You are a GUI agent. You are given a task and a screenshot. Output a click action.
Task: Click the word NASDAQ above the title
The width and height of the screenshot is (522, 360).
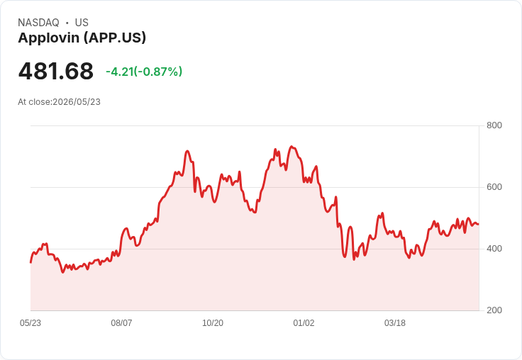tap(38, 23)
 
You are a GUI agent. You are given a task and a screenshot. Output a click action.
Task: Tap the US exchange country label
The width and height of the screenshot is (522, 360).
tap(82, 23)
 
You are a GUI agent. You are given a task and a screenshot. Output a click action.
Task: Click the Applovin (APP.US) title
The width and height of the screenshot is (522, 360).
tap(82, 38)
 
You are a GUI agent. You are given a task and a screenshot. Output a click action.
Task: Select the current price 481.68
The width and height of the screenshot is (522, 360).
tap(56, 71)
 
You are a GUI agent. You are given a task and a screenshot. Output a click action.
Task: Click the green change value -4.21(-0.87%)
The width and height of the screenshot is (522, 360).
tap(144, 72)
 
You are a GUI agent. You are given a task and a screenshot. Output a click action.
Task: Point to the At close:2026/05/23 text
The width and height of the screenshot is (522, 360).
tap(60, 102)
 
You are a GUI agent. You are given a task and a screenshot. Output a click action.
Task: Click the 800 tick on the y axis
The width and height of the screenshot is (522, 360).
tap(494, 125)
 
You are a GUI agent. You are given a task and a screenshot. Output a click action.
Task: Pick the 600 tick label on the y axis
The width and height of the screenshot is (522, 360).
tap(494, 187)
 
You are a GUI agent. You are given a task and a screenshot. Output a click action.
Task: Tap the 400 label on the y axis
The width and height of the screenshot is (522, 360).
tap(494, 249)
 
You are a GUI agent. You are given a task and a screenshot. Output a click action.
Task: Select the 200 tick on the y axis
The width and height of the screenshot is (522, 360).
tap(494, 310)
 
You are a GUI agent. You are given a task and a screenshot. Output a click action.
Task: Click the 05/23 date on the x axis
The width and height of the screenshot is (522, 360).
tap(30, 323)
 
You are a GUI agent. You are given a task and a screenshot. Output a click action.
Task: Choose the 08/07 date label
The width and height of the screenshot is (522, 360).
tap(121, 323)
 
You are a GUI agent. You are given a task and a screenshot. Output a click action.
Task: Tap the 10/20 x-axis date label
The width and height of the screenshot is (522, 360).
tap(213, 323)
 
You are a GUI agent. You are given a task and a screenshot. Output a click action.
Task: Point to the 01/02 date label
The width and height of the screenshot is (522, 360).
tap(304, 323)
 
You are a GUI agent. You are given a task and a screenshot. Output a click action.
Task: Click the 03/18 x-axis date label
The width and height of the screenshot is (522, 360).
tap(395, 323)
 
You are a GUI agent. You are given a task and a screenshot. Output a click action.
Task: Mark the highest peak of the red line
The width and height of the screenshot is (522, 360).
tap(291, 147)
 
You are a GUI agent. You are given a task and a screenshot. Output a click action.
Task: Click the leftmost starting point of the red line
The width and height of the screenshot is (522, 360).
tap(30, 262)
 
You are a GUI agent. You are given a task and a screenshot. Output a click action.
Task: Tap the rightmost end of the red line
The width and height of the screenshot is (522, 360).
tap(479, 224)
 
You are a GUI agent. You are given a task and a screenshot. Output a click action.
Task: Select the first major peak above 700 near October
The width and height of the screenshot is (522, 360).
tap(187, 151)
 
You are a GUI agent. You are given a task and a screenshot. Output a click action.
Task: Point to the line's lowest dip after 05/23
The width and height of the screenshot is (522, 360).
tap(62, 273)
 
